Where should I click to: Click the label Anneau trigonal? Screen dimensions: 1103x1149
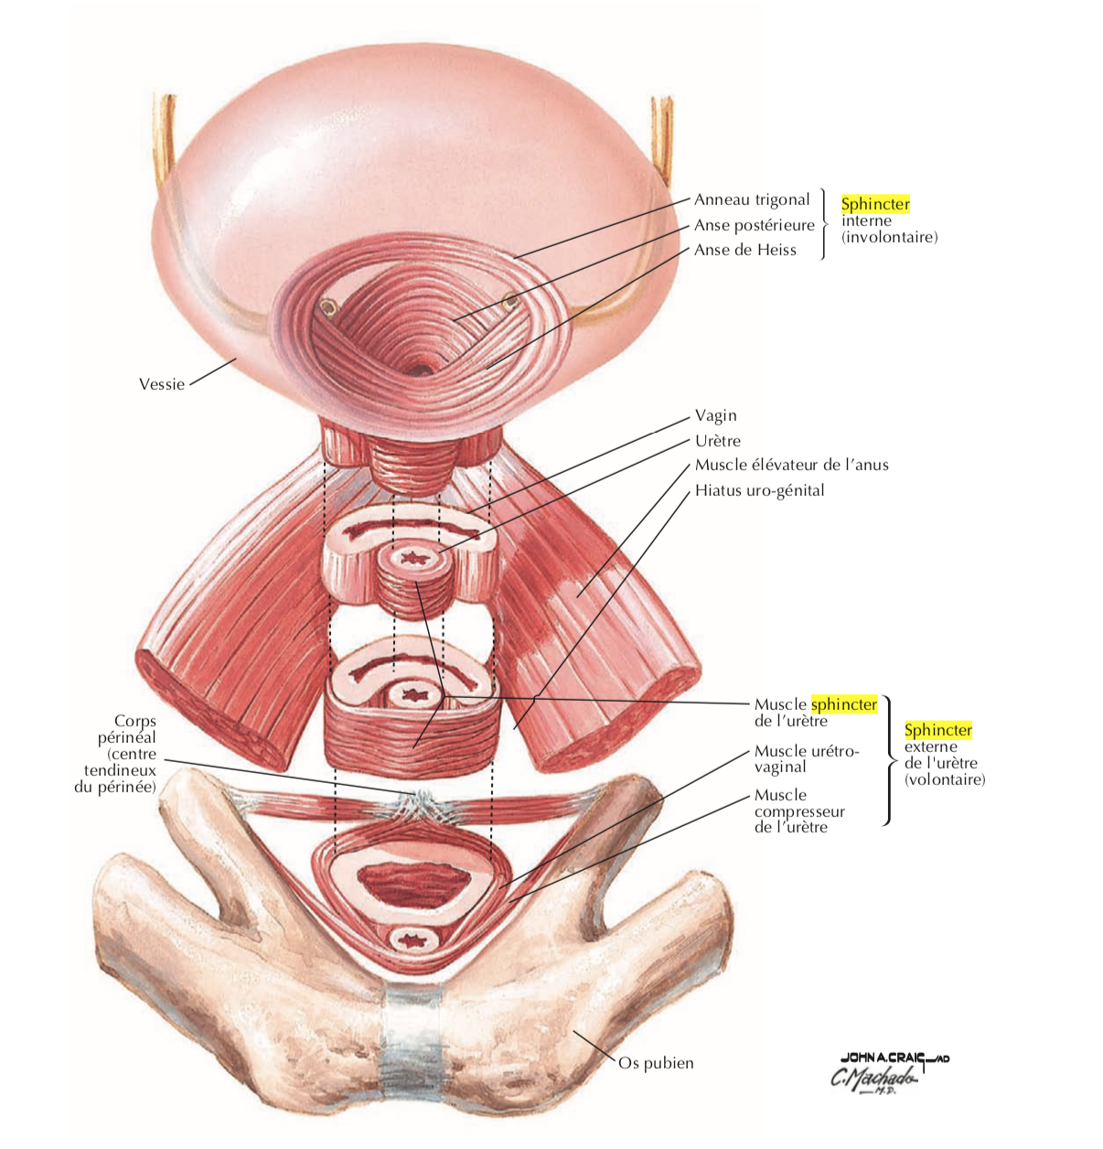point(751,199)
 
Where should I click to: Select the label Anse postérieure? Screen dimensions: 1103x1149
point(754,225)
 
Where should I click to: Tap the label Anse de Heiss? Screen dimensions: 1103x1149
point(744,250)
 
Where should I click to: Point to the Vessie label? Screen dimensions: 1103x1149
point(162,384)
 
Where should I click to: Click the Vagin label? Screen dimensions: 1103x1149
point(715,415)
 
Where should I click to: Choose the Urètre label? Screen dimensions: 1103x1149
point(717,440)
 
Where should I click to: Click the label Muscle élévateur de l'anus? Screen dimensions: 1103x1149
point(791,465)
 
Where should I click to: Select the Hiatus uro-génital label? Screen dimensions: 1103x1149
point(759,490)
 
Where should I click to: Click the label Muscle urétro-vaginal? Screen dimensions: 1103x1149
point(806,758)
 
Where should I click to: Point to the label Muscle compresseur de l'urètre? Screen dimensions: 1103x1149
point(799,811)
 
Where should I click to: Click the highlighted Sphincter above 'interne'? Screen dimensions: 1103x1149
point(875,204)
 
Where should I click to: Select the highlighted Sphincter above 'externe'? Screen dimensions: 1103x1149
point(937,730)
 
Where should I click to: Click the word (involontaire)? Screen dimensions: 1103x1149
point(889,237)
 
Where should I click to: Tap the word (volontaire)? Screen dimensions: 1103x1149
point(944,779)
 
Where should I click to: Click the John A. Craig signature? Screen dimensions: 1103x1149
point(894,1058)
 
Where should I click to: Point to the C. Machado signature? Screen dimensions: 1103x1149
point(873,1079)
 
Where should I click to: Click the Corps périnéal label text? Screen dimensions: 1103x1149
point(115,754)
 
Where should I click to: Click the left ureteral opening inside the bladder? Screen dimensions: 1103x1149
point(327,306)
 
